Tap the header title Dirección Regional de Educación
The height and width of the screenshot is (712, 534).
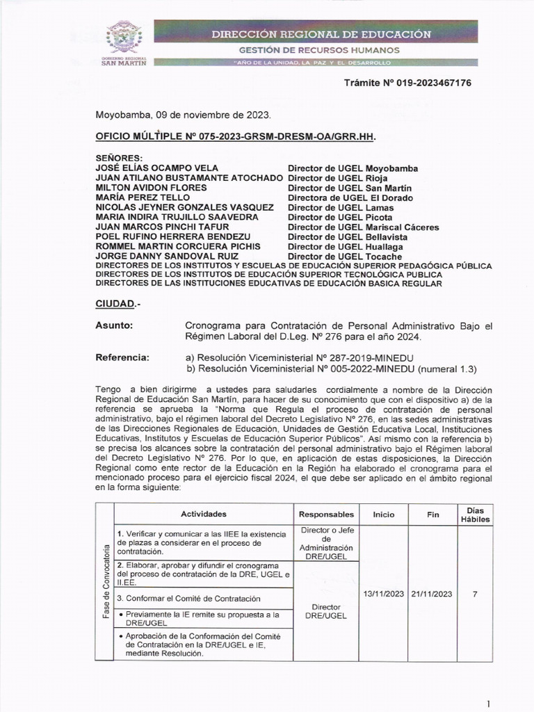pyautogui.click(x=321, y=33)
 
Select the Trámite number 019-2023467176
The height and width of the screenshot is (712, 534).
pyautogui.click(x=408, y=83)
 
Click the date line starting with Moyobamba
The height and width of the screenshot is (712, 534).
pyautogui.click(x=183, y=115)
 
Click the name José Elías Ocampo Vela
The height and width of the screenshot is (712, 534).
pyautogui.click(x=157, y=168)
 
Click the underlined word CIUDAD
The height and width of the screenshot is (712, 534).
pyautogui.click(x=114, y=305)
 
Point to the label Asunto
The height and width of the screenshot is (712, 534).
pyautogui.click(x=113, y=325)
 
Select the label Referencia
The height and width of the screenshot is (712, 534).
pyautogui.click(x=122, y=357)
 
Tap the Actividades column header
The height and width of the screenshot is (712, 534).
pyautogui.click(x=204, y=515)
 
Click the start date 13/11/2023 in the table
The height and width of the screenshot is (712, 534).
pyautogui.click(x=384, y=594)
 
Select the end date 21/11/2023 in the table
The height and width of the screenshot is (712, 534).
pyautogui.click(x=432, y=594)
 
